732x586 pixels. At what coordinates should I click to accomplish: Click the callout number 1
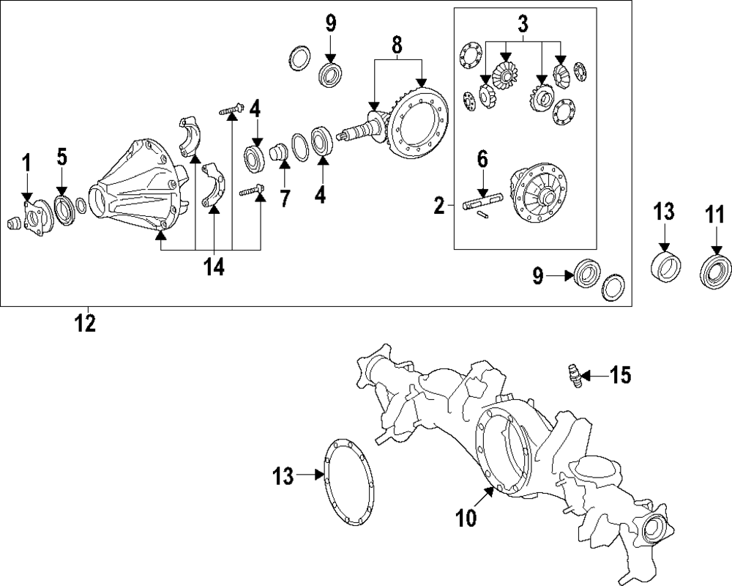(x=26, y=163)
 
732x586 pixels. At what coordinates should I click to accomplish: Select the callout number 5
(x=62, y=157)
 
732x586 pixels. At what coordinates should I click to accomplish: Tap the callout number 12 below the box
(x=86, y=323)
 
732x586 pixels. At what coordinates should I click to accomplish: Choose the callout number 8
(x=396, y=45)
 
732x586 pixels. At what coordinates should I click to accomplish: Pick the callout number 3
(x=523, y=23)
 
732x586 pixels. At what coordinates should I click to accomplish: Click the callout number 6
(x=482, y=159)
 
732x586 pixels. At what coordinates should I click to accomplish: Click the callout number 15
(x=620, y=376)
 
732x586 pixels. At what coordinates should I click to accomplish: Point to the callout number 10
(x=466, y=518)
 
